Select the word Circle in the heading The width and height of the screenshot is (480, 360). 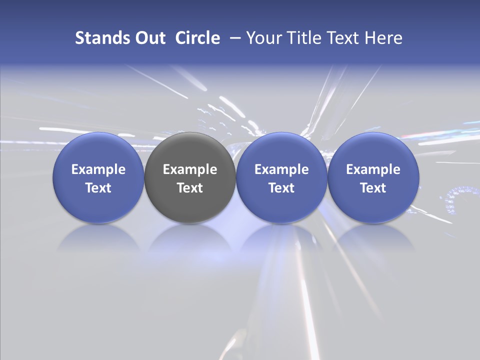(x=197, y=38)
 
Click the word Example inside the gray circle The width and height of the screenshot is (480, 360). (x=190, y=169)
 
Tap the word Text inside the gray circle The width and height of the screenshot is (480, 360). (x=190, y=188)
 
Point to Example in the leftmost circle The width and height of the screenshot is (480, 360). (x=98, y=169)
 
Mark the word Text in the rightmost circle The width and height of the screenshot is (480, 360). (x=373, y=188)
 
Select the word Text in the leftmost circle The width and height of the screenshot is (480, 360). (x=98, y=188)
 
